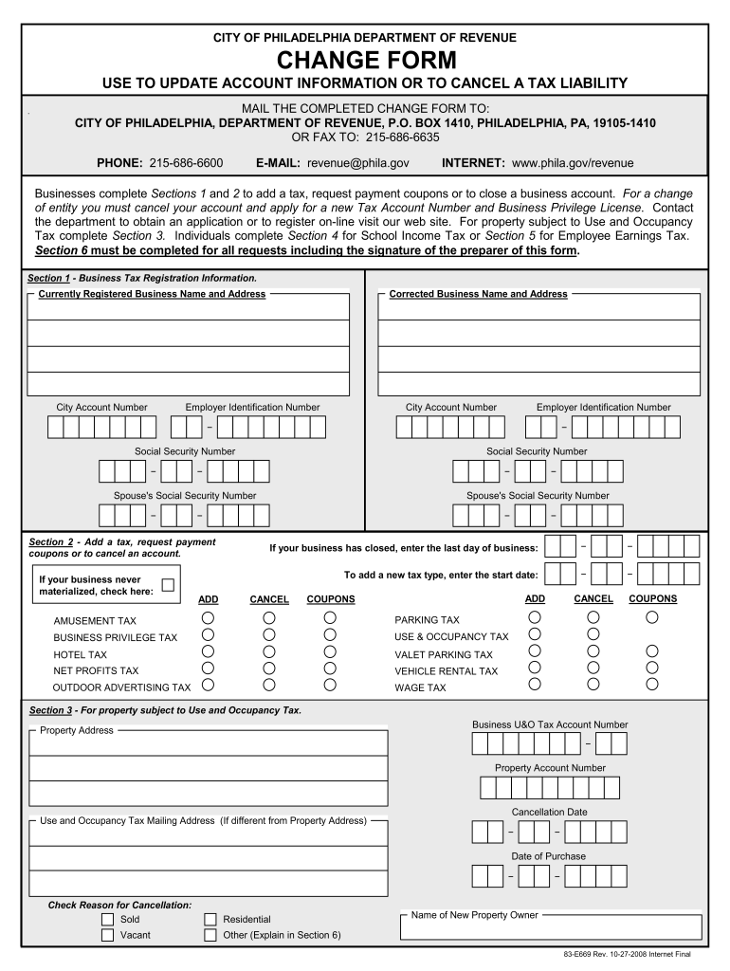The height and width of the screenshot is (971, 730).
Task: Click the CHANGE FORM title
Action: coord(365,62)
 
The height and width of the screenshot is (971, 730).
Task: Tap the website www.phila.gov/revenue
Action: coord(573,163)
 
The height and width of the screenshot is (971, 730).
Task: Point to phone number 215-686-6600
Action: coord(186,163)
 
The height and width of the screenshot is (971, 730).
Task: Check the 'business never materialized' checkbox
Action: coord(168,585)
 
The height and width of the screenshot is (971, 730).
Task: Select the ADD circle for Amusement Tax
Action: coord(208,618)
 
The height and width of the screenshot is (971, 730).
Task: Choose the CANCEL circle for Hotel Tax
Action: coord(269,652)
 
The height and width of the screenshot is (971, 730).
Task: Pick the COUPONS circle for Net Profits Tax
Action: coord(330,669)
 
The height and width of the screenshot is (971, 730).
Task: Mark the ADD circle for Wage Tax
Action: coord(535,686)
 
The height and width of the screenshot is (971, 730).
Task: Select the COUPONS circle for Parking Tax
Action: coord(652,618)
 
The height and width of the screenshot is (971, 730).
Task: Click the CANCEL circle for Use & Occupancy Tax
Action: coord(593,635)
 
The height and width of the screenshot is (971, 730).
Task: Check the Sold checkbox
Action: coord(107,919)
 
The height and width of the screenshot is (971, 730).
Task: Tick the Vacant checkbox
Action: coord(107,935)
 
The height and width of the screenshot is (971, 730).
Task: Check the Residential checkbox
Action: coord(210,919)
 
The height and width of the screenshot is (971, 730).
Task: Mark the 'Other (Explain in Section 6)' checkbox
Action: coord(210,935)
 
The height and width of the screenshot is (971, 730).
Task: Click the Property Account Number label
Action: coord(550,768)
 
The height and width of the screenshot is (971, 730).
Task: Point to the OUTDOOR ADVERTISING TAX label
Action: coord(121,687)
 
